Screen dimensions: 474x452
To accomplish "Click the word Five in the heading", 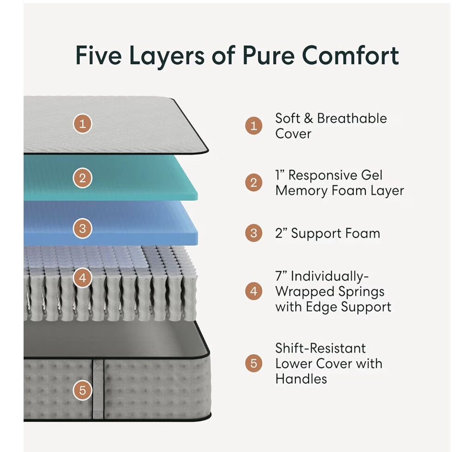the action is tap(99, 55).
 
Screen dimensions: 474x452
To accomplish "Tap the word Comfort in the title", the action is tap(350, 55).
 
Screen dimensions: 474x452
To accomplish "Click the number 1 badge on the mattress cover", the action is tap(83, 123).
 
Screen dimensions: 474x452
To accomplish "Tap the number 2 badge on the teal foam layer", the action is tap(83, 178).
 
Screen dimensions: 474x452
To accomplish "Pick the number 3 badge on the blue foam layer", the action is tap(83, 228).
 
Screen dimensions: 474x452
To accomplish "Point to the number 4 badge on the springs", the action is tap(83, 278).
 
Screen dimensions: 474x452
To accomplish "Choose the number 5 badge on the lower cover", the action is tap(83, 390).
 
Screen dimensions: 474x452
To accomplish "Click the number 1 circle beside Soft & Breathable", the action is tap(254, 125).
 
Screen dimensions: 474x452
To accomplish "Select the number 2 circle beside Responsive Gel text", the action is tap(254, 182).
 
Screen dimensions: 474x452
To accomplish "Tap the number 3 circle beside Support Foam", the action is tap(254, 233).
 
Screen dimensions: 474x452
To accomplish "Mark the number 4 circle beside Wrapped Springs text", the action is tap(254, 291).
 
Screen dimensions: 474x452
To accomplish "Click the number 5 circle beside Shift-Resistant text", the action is tap(254, 363).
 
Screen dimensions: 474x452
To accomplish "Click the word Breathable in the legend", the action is tap(352, 118).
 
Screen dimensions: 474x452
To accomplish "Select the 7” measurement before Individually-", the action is tap(281, 276).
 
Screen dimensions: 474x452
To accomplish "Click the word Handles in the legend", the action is tap(301, 379).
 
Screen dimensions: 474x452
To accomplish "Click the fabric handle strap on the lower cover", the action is tap(98, 389).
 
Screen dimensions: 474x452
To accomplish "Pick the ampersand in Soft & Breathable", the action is tap(309, 118).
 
